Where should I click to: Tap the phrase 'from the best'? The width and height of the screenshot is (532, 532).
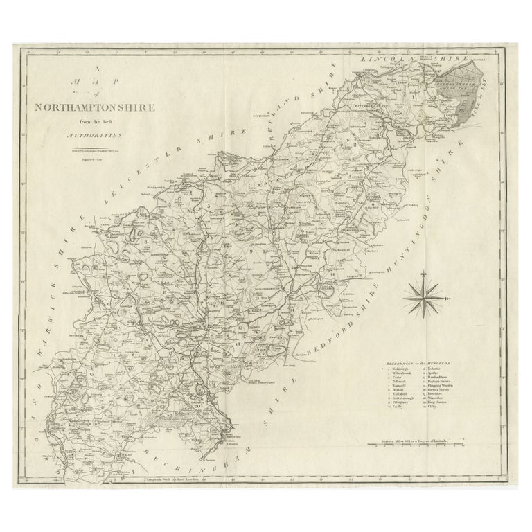(100, 123)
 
